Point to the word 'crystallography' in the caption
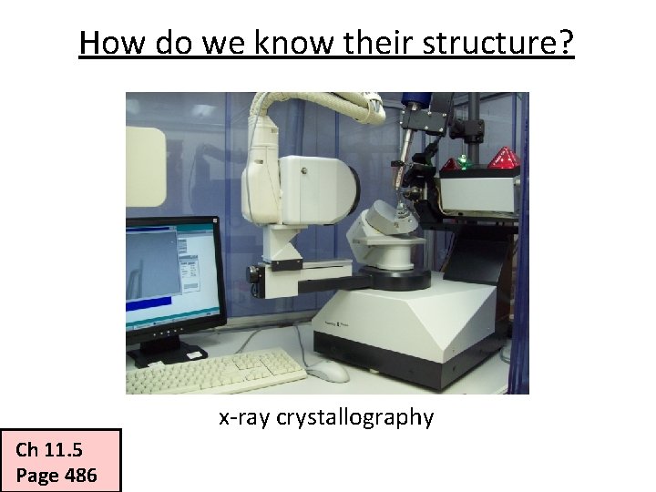tap(355, 418)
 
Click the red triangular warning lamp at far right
tap(503, 159)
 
